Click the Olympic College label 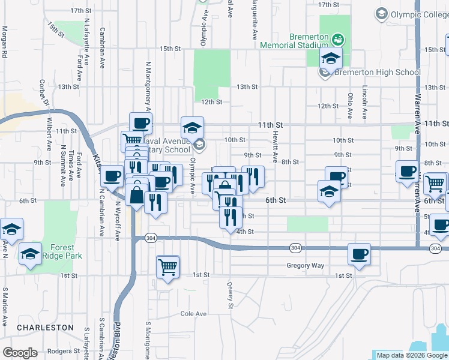(414, 13)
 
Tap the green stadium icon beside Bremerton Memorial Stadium (339, 40)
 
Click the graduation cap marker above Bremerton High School (330, 59)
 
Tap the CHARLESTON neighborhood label (45, 328)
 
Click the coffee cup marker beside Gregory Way (359, 254)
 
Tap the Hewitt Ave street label (276, 148)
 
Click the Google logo (20, 353)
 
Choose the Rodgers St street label (64, 351)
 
